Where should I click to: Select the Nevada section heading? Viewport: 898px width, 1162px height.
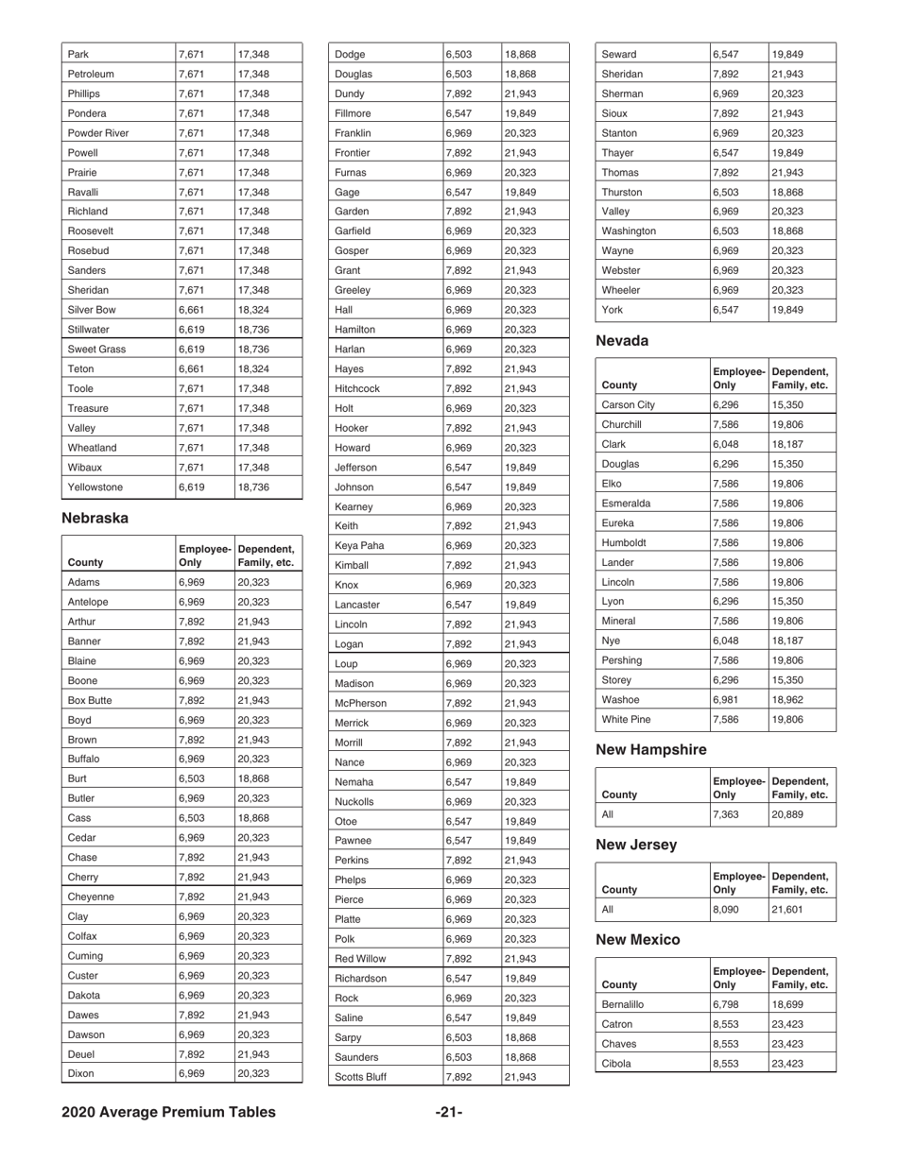point(623,341)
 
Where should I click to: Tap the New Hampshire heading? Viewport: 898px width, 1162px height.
point(650,749)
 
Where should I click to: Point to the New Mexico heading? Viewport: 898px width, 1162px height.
point(638,940)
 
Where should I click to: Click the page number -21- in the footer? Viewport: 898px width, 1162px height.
point(449,1112)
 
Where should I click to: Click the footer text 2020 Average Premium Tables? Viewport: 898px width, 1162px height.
point(168,1112)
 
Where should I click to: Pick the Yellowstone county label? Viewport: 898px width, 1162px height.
point(96,487)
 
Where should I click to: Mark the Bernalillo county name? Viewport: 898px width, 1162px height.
point(626,1003)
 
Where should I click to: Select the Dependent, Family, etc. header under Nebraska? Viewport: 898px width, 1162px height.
point(267,555)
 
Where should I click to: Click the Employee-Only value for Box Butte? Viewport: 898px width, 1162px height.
point(193,702)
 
